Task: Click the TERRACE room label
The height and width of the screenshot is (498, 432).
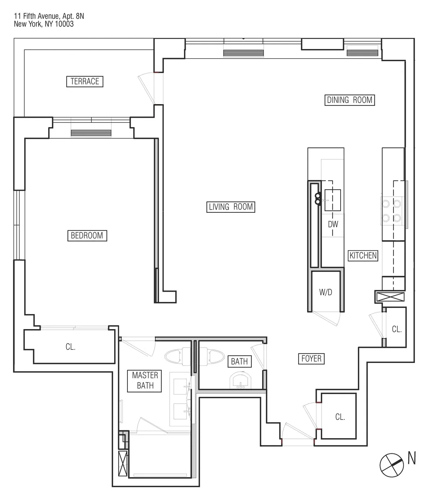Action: tap(85, 81)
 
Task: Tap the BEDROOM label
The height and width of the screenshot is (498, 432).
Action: tap(87, 235)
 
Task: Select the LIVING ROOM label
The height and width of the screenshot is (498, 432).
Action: tap(231, 207)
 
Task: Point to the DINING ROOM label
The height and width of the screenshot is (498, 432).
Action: tap(349, 100)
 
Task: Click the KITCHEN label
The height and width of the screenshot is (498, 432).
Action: tap(363, 255)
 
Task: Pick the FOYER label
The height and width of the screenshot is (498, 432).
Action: tap(311, 359)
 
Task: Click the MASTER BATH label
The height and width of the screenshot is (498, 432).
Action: tap(145, 381)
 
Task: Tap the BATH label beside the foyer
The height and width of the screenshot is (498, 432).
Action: tap(239, 361)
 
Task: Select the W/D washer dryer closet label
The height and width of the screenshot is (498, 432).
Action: tap(325, 292)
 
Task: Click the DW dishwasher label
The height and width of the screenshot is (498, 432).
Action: tap(333, 224)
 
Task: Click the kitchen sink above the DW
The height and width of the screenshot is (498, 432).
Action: tap(332, 200)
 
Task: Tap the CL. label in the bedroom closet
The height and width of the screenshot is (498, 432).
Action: tap(71, 347)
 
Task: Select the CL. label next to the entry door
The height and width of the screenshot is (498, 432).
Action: tap(340, 417)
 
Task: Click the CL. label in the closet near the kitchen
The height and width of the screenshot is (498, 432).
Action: tap(396, 329)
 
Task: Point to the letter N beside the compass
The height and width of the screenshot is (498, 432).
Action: tap(412, 459)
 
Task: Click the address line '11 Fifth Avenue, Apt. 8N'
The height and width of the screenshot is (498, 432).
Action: tap(49, 16)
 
